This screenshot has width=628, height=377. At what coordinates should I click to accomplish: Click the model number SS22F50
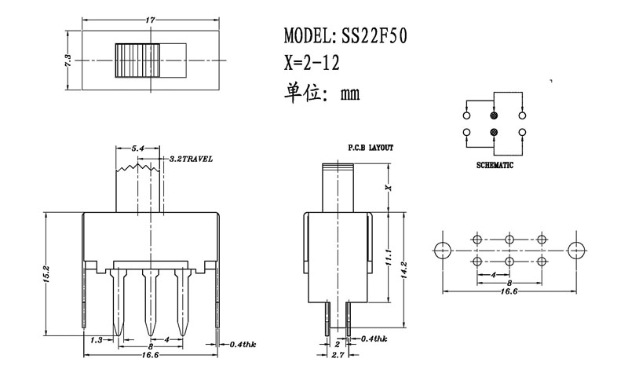click(x=373, y=36)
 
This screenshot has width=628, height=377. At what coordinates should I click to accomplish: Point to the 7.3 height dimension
click(x=68, y=59)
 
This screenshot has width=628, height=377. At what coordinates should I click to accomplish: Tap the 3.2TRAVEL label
click(x=191, y=159)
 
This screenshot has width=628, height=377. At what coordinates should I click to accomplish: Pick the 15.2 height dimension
click(x=47, y=275)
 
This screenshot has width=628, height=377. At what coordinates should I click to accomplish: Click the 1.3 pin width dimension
click(x=97, y=340)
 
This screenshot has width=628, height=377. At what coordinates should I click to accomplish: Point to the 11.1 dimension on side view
click(x=389, y=257)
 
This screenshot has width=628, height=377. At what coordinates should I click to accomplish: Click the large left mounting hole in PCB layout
click(x=441, y=249)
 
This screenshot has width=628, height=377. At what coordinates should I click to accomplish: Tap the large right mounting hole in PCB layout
click(x=576, y=249)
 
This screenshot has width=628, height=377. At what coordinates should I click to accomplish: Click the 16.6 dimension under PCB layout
click(x=509, y=291)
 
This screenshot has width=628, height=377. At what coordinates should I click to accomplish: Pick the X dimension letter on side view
click(x=388, y=188)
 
